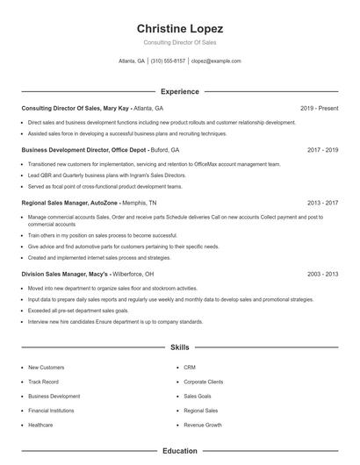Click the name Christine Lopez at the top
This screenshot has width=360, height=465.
180,28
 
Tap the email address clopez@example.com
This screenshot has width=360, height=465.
216,61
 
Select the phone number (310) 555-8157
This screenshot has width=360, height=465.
168,61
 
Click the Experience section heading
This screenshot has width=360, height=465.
180,91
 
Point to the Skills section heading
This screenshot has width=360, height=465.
180,347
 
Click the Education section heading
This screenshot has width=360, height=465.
180,451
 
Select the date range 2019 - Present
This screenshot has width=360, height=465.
319,108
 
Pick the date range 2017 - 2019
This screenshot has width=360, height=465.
322,150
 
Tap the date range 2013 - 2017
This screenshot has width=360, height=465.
322,203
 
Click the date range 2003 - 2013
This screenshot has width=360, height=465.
322,275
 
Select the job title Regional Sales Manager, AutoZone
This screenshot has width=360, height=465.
69,203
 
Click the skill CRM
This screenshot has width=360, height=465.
189,368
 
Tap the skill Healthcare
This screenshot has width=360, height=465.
40,425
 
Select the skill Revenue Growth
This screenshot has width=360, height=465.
202,425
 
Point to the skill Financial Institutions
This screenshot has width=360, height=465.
51,411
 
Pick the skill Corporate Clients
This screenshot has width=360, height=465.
203,382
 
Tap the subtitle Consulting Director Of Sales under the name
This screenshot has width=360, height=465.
180,43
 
